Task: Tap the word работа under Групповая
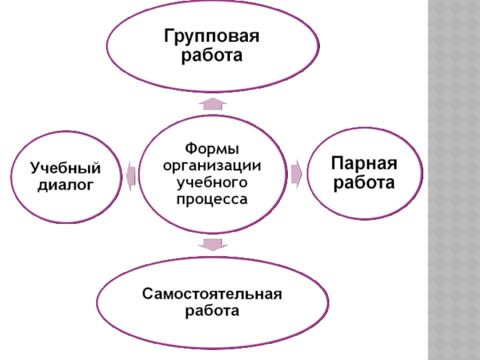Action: [212, 56]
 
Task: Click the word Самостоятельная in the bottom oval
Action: [212, 295]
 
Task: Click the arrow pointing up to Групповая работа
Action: [212, 104]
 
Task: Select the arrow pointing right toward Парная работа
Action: [296, 173]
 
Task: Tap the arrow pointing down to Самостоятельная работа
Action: [212, 244]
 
